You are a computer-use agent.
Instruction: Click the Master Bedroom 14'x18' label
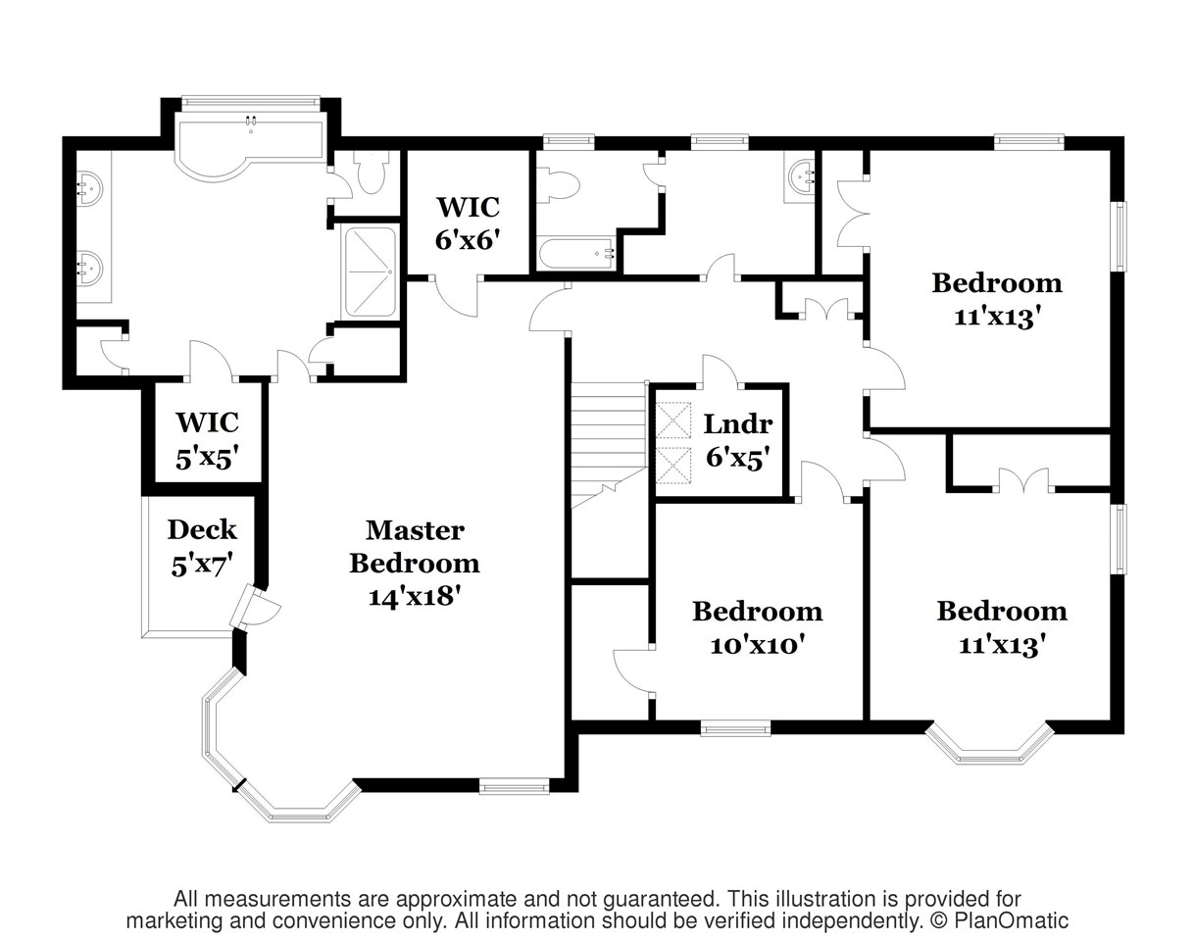tap(415, 564)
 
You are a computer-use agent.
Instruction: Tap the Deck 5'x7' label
tap(202, 548)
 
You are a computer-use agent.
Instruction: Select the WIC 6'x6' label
tap(468, 223)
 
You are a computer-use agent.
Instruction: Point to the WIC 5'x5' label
tap(208, 440)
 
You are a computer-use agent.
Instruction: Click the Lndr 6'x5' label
tap(738, 442)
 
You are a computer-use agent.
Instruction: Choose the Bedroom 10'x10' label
tap(758, 627)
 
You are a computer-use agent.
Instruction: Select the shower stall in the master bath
tap(371, 272)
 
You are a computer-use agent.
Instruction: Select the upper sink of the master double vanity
tap(89, 188)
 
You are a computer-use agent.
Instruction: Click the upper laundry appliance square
tap(673, 421)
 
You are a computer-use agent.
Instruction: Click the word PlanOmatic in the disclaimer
tap(1011, 920)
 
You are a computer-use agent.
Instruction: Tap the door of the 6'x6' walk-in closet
tap(456, 297)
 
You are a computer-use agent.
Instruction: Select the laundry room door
tap(721, 371)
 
